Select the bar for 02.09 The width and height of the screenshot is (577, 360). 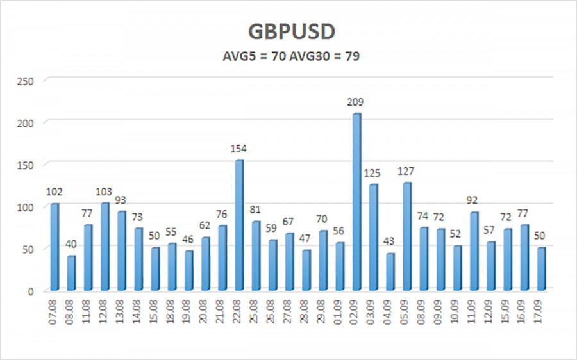click(x=357, y=202)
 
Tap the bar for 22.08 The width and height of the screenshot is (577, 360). click(x=239, y=225)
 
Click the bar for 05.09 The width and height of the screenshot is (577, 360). click(x=407, y=236)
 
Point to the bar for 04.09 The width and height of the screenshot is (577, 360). click(x=390, y=272)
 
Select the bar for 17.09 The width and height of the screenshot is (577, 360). click(x=541, y=268)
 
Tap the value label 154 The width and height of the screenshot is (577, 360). click(x=239, y=149)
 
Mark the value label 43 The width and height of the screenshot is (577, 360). click(x=390, y=242)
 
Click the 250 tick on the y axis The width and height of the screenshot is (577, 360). click(x=27, y=80)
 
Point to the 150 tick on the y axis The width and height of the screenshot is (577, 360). click(x=27, y=165)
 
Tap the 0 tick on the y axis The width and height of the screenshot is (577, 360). click(x=33, y=291)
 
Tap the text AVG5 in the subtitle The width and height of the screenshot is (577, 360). click(x=237, y=56)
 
